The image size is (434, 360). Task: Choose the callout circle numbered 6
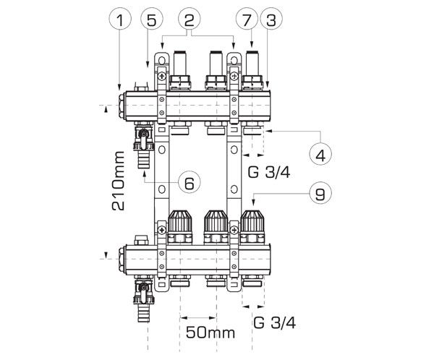pos(189,183)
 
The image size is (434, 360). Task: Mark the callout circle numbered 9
pos(319,193)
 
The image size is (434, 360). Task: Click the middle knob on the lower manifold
pos(215,226)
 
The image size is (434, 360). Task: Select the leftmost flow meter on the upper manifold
pos(178,69)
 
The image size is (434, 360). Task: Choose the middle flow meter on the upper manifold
pos(215,69)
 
